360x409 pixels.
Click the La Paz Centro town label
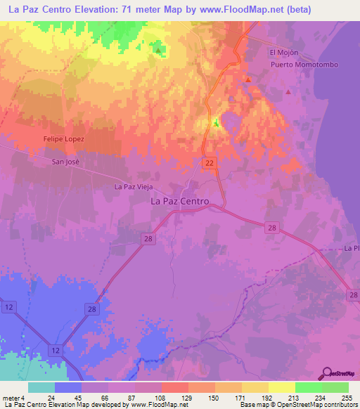[x=180, y=201]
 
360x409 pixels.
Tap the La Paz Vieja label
[x=134, y=187]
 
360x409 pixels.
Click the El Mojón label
[x=284, y=53]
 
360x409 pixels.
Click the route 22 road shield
[x=210, y=162]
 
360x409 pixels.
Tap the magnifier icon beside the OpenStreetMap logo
[x=328, y=372]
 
